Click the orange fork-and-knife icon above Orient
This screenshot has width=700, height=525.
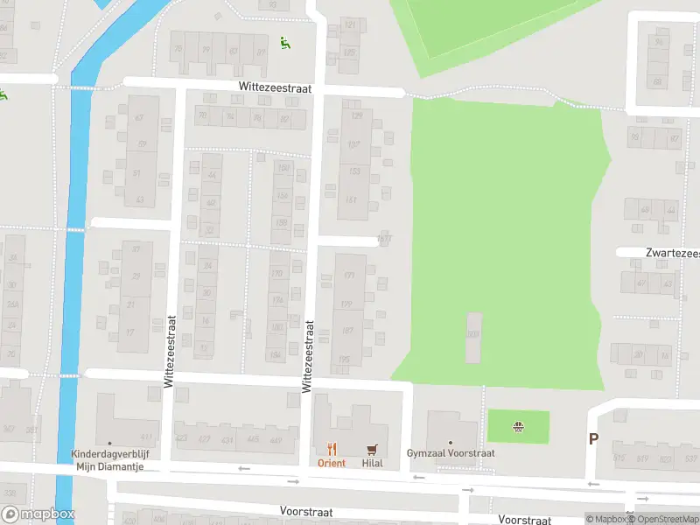(x=332, y=450)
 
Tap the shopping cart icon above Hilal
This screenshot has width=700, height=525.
(x=373, y=450)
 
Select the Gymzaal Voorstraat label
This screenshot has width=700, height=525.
(x=451, y=453)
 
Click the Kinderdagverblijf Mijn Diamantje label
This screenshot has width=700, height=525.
(x=109, y=460)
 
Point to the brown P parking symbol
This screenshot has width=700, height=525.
(x=593, y=439)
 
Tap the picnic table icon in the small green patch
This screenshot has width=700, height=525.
(x=518, y=427)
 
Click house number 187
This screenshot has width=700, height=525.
(x=347, y=330)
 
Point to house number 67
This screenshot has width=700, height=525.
(x=138, y=118)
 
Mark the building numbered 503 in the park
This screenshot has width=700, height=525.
(x=473, y=334)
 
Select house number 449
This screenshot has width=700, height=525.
(x=276, y=439)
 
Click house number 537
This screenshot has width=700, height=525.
(x=691, y=458)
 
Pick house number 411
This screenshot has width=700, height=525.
(x=147, y=437)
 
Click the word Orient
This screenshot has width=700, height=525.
(x=332, y=463)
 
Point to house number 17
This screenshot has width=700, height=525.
(x=131, y=332)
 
